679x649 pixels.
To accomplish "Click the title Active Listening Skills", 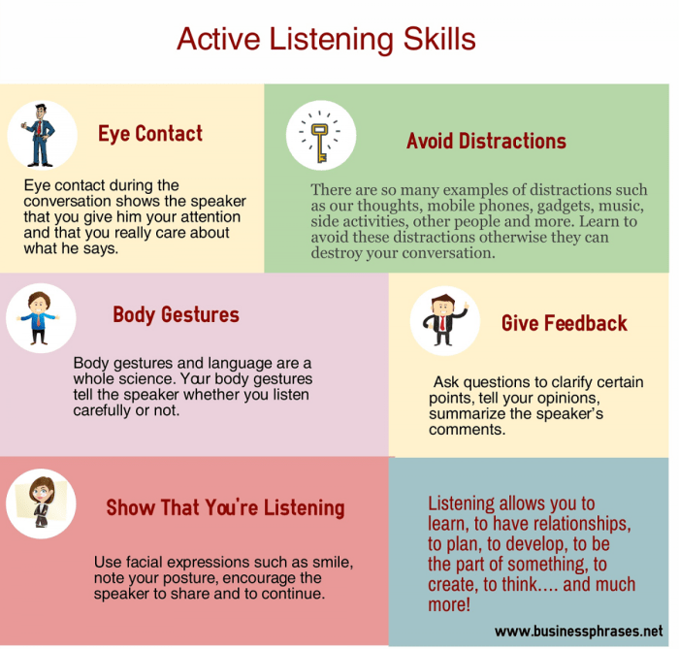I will [326, 39].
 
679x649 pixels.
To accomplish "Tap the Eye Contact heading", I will [150, 134].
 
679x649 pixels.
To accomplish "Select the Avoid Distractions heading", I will [486, 142].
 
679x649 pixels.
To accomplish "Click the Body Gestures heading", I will [176, 314].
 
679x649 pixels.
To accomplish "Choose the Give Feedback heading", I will [564, 323].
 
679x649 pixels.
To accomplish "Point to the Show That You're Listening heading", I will [225, 507].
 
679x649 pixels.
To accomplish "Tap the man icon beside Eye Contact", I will [41, 134].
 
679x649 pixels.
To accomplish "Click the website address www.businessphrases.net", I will [579, 631].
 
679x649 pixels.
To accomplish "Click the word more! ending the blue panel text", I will [449, 605].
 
